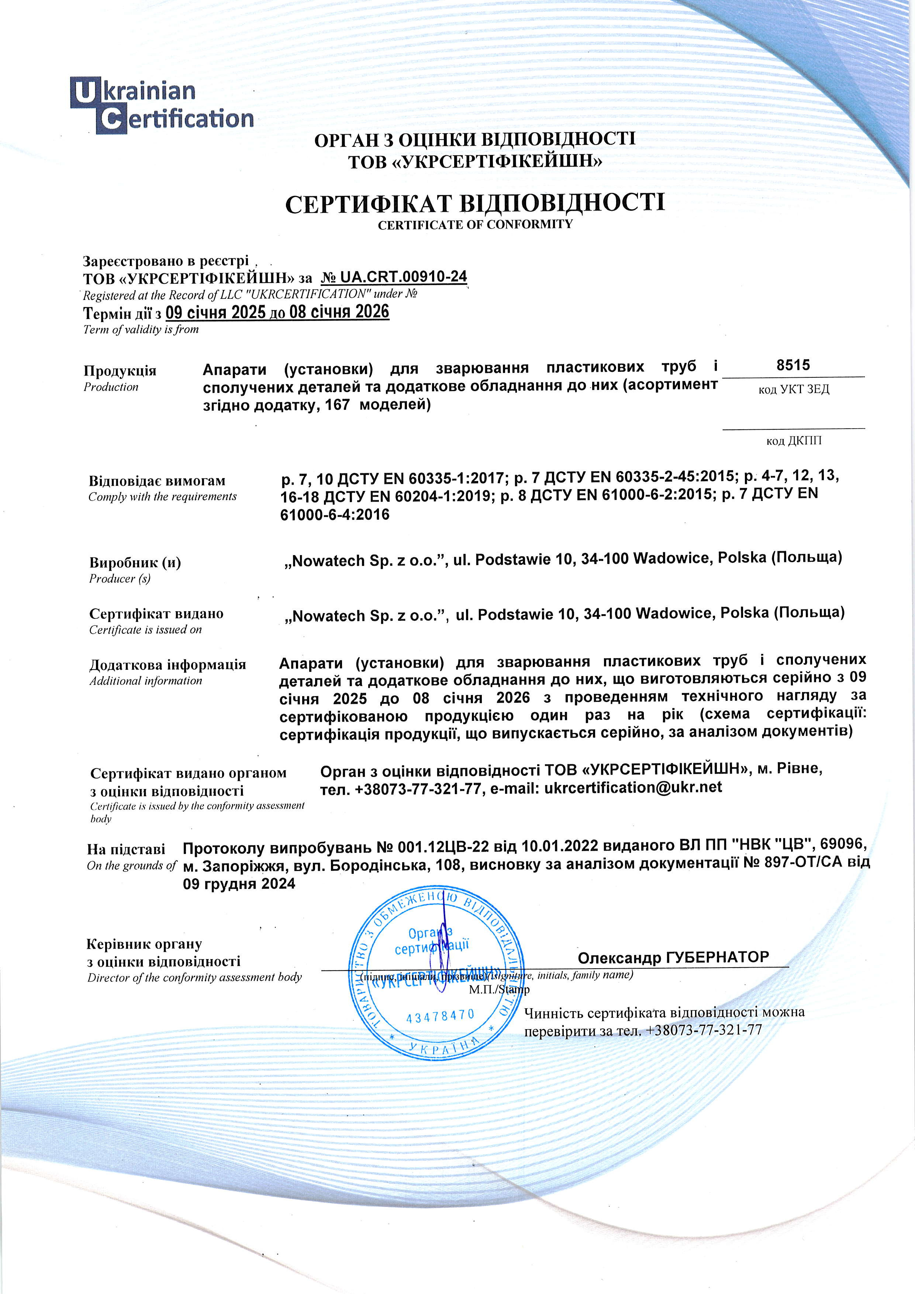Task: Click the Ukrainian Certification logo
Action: (162, 105)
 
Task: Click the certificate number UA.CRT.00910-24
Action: (394, 277)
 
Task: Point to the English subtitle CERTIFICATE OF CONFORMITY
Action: (475, 224)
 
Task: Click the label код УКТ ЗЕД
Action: (793, 390)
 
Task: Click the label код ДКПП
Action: (793, 441)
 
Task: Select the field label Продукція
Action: (120, 370)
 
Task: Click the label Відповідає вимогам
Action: (157, 481)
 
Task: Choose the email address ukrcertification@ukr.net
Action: (632, 787)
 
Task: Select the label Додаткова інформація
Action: (168, 664)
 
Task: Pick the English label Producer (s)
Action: (120, 578)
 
